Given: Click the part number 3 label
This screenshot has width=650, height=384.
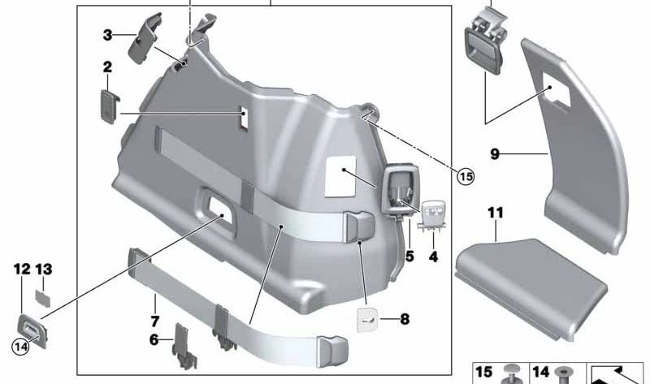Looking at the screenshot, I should pos(107,35).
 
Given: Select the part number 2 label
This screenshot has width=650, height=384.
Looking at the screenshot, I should pos(107,67).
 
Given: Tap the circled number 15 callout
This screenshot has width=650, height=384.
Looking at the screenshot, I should pos(464,175).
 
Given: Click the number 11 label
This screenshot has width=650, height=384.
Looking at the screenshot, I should pos(496,213).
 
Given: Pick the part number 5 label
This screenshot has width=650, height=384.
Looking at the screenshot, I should pos(409,256).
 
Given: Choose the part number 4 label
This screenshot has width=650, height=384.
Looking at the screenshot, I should pos(433,256).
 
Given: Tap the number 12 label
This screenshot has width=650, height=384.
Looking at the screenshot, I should pos(21,268).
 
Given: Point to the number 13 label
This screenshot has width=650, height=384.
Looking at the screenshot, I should pos(44,268).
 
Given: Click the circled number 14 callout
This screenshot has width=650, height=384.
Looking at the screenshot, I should pos(20,347).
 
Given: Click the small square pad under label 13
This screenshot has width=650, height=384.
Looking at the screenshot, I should pos(44,293).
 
